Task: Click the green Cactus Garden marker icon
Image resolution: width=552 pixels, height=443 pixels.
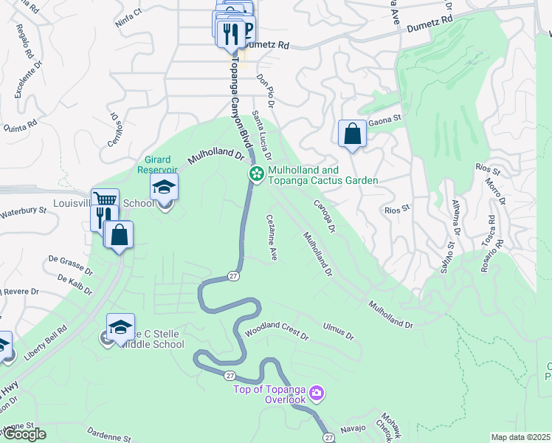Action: point(256,174)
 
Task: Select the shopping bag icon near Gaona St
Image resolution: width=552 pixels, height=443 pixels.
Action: point(353,134)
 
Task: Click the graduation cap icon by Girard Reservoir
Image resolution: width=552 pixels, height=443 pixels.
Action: point(164,188)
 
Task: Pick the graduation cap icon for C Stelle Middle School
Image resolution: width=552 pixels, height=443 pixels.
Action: point(121,327)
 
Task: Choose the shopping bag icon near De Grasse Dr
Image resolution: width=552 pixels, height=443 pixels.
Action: point(119,236)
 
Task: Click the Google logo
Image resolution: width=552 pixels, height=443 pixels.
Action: point(24,435)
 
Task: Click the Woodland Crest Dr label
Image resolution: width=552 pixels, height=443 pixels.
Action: point(277,332)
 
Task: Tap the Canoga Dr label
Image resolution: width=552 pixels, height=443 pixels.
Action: point(325,217)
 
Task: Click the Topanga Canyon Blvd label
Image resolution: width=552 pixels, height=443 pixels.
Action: point(236,96)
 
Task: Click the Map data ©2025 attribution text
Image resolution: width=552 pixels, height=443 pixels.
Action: point(520,437)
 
